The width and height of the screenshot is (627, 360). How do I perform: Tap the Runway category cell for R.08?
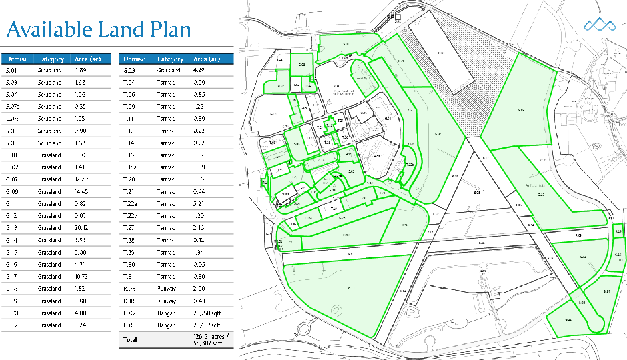pyautogui.click(x=166, y=289)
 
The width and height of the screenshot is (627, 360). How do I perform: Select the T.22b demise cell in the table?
pyautogui.click(x=131, y=216)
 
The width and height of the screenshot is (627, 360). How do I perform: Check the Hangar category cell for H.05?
pyautogui.click(x=166, y=325)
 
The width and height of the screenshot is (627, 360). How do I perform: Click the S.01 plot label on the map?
pyautogui.click(x=346, y=44)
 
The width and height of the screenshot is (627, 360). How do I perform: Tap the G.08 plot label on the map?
pyautogui.click(x=302, y=65)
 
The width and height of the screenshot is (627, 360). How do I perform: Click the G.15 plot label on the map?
pyautogui.click(x=618, y=255)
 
